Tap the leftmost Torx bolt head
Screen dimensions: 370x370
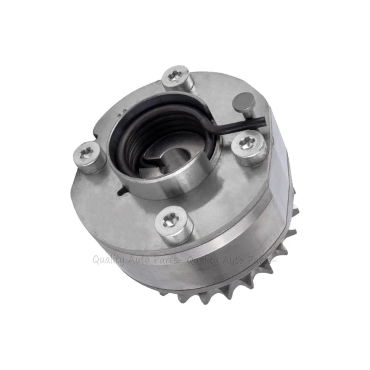(89, 155)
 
